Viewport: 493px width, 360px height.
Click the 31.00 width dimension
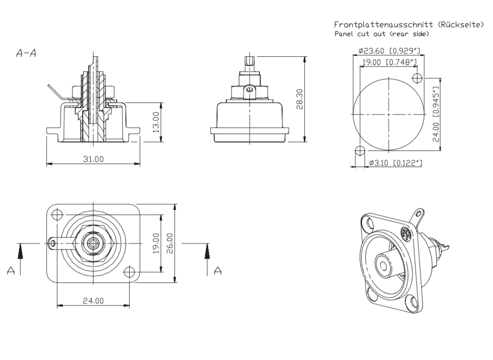click(x=93, y=159)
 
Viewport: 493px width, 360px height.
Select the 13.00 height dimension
click(x=157, y=121)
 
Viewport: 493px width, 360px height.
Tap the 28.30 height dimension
click(x=300, y=99)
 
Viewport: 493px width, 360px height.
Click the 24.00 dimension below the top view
click(x=93, y=300)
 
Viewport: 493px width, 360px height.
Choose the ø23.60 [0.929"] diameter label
click(x=387, y=52)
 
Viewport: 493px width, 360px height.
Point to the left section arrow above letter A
click(x=20, y=253)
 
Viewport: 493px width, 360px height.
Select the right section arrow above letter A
click(x=208, y=253)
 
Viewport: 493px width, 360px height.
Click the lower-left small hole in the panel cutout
click(x=359, y=151)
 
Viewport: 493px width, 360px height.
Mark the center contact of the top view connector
click(x=93, y=243)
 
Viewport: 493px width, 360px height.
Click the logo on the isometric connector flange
click(x=407, y=234)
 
